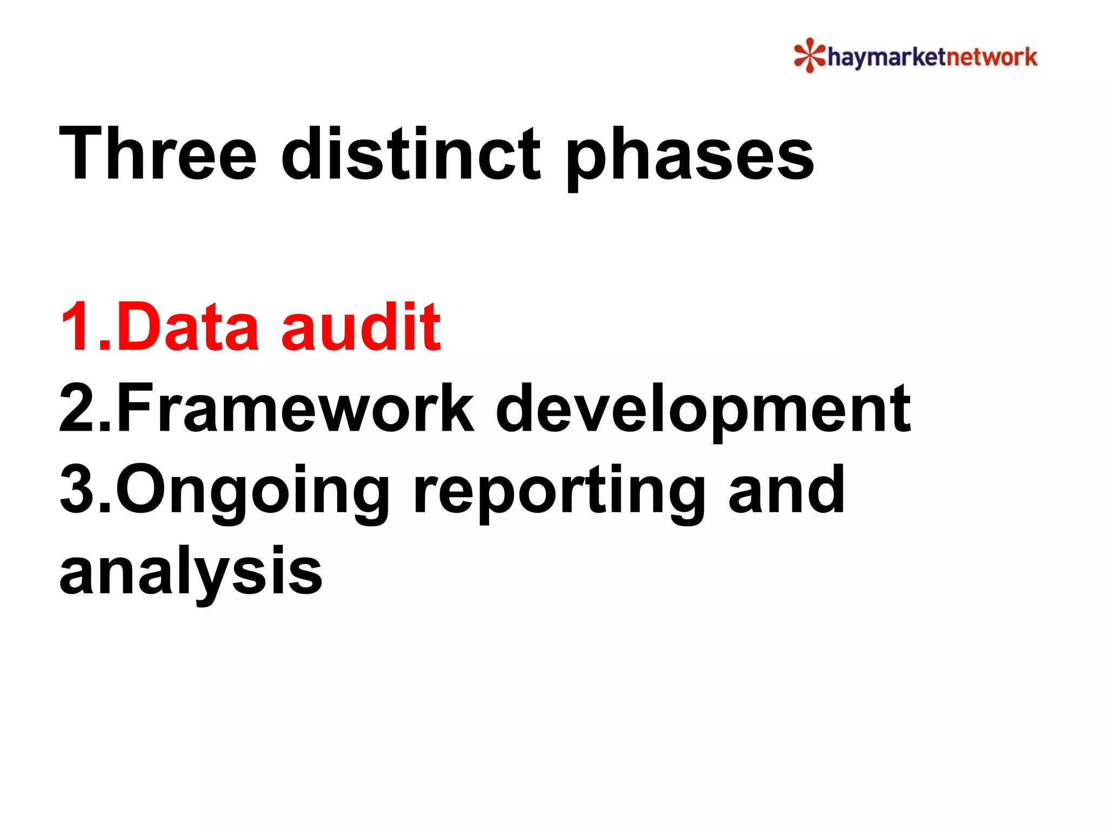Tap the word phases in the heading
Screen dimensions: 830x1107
click(x=689, y=157)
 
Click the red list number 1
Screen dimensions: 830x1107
click(x=78, y=327)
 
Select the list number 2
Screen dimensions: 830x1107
click(x=78, y=409)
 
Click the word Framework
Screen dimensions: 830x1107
click(x=295, y=409)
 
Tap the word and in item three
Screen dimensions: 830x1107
click(x=786, y=490)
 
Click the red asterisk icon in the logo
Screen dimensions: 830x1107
click(x=809, y=55)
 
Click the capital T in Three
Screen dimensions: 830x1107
click(x=81, y=153)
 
